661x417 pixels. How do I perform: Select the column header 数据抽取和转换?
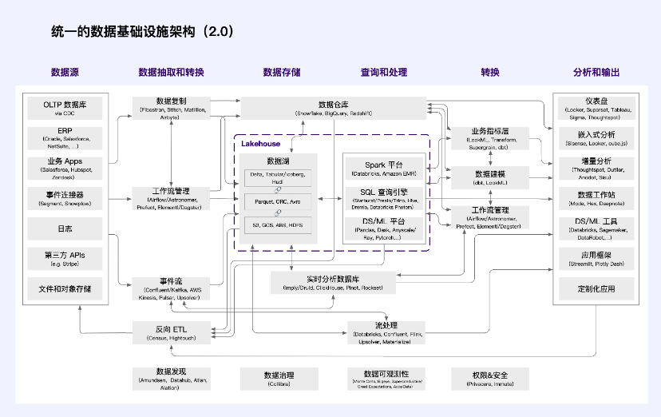click(x=171, y=73)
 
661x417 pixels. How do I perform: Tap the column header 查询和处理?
click(x=383, y=73)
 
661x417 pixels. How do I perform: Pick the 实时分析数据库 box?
click(x=334, y=281)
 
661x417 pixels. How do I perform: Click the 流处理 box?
click(x=385, y=332)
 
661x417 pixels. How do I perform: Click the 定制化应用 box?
click(x=597, y=287)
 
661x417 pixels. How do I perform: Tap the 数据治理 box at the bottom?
click(x=279, y=378)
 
